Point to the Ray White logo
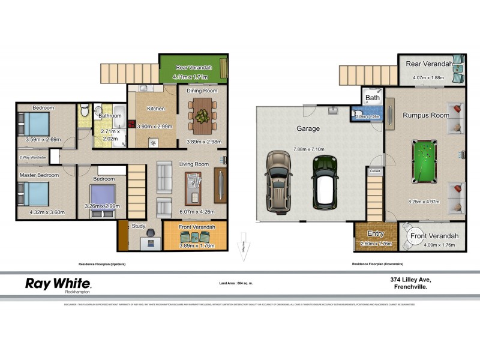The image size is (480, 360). tap(58, 284)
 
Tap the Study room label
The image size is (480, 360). tap(139, 226)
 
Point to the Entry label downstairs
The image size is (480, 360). tap(376, 233)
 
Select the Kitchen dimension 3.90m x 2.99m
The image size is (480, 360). tap(155, 127)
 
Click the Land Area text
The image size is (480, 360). tap(233, 282)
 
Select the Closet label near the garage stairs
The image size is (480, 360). tap(374, 171)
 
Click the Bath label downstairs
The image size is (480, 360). tap(373, 97)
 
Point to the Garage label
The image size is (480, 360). tap(307, 128)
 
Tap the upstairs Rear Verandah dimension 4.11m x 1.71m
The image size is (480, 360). tap(190, 77)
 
